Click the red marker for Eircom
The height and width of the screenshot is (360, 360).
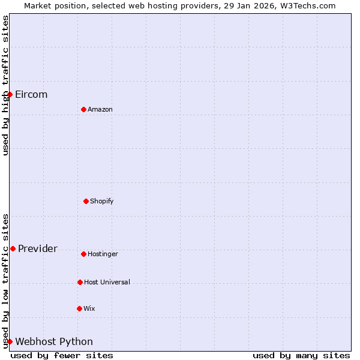(x=10, y=94)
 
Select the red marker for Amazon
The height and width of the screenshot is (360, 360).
(x=83, y=109)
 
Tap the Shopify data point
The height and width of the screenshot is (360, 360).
(x=86, y=201)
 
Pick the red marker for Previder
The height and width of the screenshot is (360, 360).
(x=13, y=248)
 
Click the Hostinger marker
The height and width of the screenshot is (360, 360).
(x=83, y=254)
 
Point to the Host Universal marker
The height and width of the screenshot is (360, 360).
(x=80, y=282)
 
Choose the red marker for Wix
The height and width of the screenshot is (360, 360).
(x=79, y=308)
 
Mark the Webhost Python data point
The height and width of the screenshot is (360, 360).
(x=10, y=341)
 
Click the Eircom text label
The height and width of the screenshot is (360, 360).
(x=31, y=95)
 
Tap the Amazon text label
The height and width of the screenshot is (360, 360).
(x=100, y=110)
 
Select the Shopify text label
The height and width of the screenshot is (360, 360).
(x=102, y=202)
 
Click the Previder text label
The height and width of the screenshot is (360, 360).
(x=38, y=249)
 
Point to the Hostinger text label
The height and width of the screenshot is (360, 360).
(x=103, y=254)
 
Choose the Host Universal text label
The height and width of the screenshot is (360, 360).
(x=107, y=283)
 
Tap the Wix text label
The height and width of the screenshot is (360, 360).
(x=89, y=309)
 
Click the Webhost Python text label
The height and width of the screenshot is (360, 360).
(x=54, y=342)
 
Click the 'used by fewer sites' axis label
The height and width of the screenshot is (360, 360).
(x=62, y=355)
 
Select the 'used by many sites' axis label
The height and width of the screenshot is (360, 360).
(x=301, y=355)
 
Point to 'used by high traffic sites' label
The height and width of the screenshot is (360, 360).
(x=5, y=85)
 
